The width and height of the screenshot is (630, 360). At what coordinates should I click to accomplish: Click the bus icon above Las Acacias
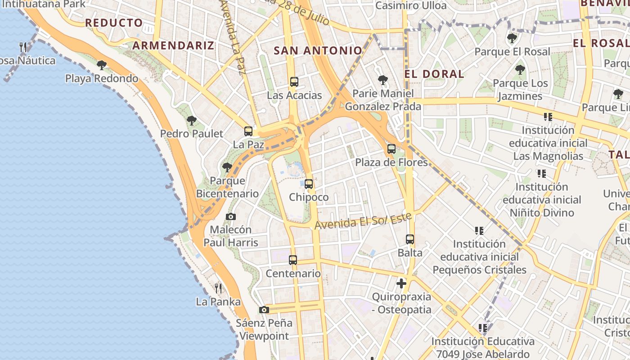click(x=294, y=82)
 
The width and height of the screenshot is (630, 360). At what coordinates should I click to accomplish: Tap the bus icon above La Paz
click(x=248, y=131)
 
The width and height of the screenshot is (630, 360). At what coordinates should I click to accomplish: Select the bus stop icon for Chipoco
click(x=309, y=184)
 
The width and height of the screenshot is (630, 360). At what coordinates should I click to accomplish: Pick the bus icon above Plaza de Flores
click(x=391, y=149)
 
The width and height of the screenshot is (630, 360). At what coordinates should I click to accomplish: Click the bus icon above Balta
click(x=410, y=239)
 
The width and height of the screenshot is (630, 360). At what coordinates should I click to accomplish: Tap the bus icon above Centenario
click(x=293, y=260)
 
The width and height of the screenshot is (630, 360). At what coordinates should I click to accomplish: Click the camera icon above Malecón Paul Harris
click(x=231, y=216)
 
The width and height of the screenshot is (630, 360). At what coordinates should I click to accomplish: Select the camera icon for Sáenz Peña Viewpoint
click(x=264, y=310)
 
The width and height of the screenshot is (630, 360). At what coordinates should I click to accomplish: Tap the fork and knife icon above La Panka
click(x=218, y=288)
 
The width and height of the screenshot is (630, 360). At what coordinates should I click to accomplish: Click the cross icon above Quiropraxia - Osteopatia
click(x=401, y=283)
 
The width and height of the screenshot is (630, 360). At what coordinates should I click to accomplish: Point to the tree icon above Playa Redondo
click(x=102, y=65)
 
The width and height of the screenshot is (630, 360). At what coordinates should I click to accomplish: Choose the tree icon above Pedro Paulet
click(x=192, y=121)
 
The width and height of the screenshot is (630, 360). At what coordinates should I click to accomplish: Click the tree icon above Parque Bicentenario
click(x=227, y=167)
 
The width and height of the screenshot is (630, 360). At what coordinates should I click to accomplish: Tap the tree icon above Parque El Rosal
click(x=512, y=38)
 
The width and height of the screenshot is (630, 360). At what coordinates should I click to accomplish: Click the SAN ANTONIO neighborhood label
click(x=318, y=50)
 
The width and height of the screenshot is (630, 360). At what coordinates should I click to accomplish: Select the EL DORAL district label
click(x=434, y=74)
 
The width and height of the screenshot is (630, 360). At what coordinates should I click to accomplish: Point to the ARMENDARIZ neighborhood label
click(x=173, y=45)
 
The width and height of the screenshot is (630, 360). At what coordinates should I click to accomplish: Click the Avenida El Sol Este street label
click(x=364, y=220)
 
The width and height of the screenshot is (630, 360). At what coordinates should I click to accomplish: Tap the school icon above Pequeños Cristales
click(x=479, y=231)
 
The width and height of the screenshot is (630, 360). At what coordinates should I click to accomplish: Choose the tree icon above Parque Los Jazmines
click(x=520, y=70)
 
